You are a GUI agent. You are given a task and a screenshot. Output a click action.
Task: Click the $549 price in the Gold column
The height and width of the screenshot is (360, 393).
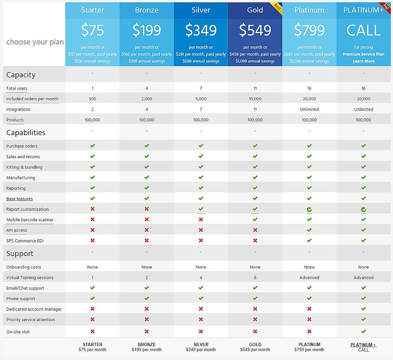255,30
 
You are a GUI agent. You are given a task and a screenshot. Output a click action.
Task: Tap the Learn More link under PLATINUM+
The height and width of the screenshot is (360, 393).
363,61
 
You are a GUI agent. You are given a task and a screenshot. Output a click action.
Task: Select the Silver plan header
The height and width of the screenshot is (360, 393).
201,10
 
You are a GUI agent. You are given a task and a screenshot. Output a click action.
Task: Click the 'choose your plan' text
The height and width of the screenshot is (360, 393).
35,42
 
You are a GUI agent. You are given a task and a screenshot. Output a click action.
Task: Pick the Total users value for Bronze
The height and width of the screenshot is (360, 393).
147,88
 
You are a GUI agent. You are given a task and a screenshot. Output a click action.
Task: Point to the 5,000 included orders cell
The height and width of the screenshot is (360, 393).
201,99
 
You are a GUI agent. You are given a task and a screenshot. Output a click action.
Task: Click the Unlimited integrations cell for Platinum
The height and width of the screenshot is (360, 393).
309,109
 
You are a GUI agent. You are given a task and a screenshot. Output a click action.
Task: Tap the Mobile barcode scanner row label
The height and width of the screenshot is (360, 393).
30,220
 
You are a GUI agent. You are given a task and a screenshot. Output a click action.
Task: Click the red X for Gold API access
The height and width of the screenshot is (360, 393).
255,230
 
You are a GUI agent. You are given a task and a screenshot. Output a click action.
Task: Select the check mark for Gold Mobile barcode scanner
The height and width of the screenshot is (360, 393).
255,219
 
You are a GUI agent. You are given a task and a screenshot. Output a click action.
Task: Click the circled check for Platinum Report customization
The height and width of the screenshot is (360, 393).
309,209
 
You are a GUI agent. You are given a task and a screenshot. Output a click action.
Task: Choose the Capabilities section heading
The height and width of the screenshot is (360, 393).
26,133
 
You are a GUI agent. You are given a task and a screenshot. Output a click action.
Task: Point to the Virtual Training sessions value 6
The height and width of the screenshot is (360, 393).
255,278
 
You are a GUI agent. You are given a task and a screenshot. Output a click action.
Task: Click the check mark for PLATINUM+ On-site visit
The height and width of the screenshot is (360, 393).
363,331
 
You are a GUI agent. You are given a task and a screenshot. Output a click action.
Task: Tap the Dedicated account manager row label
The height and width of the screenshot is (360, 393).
34,309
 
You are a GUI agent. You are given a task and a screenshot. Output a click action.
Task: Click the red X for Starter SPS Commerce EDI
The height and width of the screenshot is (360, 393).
93,241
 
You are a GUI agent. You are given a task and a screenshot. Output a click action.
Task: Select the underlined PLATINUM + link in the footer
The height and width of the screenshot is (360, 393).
363,345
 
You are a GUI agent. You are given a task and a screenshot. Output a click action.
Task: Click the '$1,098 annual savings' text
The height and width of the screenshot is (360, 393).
255,61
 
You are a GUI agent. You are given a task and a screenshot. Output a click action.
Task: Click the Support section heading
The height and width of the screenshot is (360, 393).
20,253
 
